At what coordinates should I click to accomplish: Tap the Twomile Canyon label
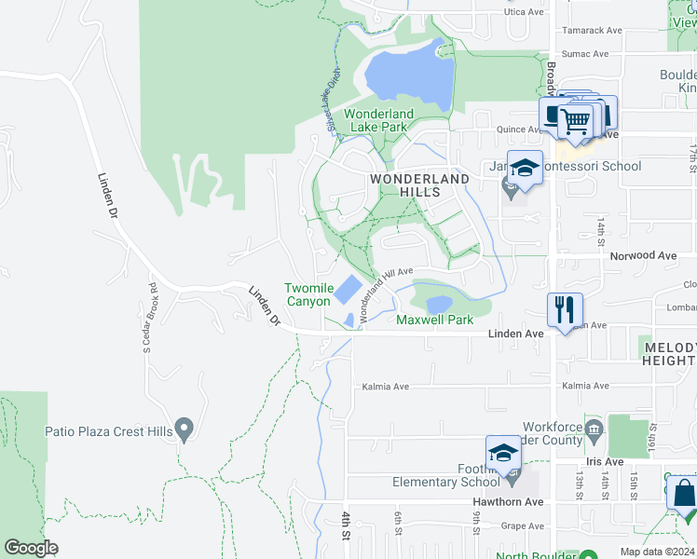(307, 294)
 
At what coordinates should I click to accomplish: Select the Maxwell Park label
(435, 320)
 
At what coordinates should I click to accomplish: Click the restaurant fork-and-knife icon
(565, 308)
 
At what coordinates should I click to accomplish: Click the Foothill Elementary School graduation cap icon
(503, 453)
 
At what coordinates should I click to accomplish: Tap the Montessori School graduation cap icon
(525, 168)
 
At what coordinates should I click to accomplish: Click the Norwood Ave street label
(642, 255)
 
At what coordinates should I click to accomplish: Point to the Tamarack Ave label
(592, 30)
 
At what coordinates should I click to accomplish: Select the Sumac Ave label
(584, 54)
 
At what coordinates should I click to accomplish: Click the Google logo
(31, 548)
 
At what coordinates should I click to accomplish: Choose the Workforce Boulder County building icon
(594, 429)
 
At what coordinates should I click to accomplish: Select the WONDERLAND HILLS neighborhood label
(419, 184)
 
